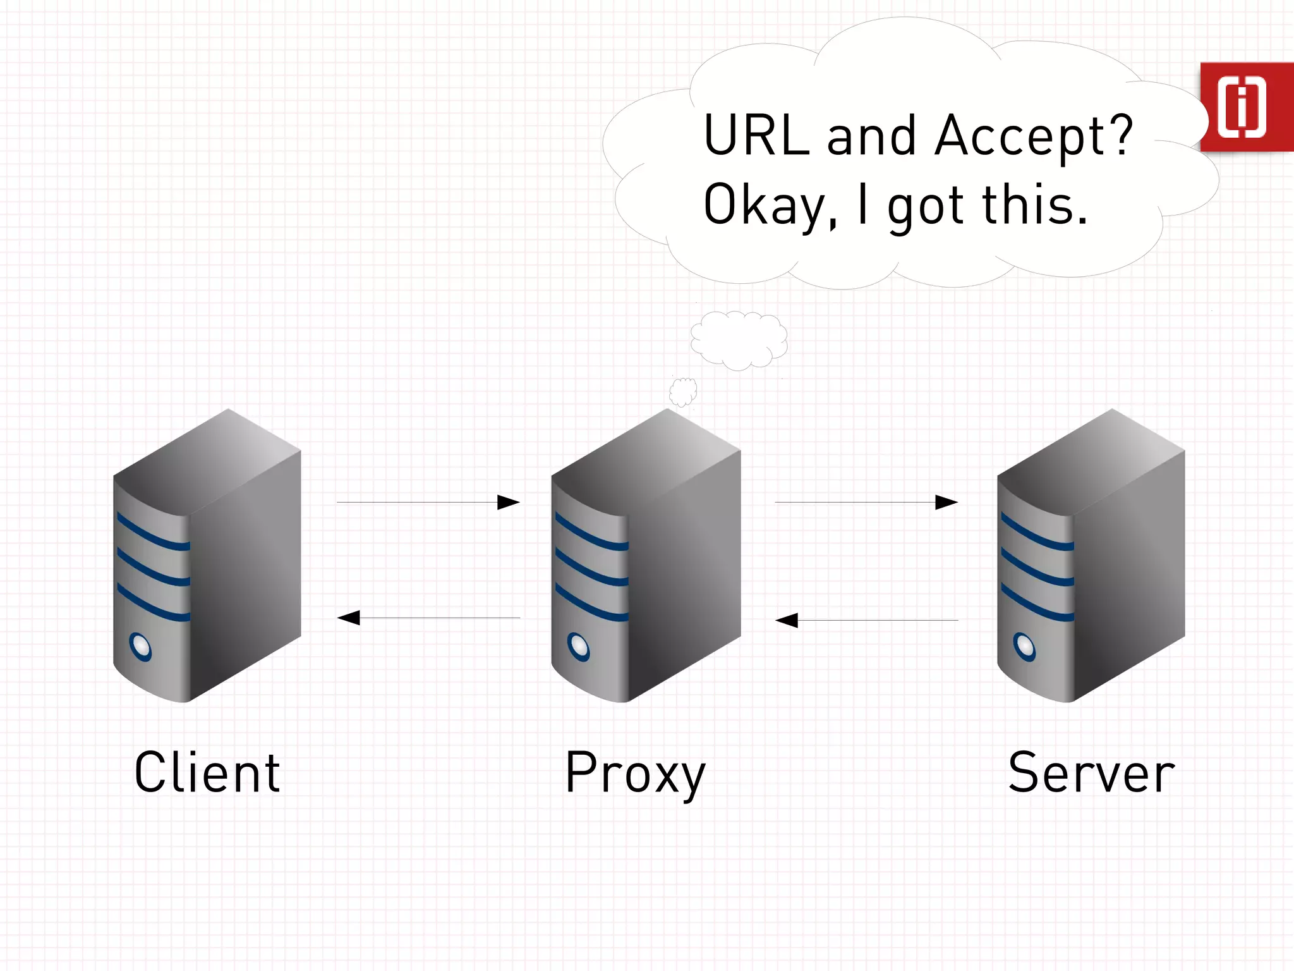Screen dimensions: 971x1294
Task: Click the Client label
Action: coord(207,773)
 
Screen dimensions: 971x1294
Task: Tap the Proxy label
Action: coord(634,774)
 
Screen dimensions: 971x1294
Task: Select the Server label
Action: coord(1091,773)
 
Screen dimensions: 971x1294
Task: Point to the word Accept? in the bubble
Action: coord(1034,136)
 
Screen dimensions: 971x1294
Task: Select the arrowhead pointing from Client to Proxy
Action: coord(508,503)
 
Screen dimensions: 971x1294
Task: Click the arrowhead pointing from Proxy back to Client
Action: coord(349,618)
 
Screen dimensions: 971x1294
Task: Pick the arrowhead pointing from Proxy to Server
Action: coord(946,503)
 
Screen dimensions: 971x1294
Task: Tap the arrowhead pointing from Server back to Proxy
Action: coord(787,620)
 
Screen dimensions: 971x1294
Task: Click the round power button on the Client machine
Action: coord(140,646)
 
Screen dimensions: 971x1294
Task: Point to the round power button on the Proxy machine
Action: coord(579,646)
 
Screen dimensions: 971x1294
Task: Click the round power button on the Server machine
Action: coord(1024,646)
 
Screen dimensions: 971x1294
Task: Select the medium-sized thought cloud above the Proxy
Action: coord(739,339)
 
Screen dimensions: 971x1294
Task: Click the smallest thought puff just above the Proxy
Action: coord(683,392)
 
